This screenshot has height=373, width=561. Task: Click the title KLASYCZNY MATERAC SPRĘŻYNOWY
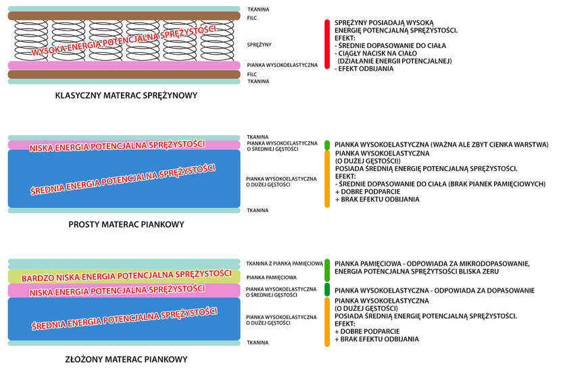(x=126, y=95)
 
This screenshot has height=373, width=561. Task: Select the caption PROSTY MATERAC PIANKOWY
(x=126, y=224)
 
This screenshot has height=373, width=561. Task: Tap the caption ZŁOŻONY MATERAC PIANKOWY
(x=126, y=359)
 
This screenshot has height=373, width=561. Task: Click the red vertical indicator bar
(x=327, y=45)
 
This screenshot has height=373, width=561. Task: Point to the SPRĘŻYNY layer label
(x=259, y=45)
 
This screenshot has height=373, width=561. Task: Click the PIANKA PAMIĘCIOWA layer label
(x=271, y=277)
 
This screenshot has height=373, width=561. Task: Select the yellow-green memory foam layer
(x=124, y=276)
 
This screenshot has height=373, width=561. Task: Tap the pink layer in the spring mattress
(x=124, y=66)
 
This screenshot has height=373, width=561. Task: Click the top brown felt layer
(x=124, y=16)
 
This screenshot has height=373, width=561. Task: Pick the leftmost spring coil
(x=31, y=41)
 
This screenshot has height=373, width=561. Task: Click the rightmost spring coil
(x=217, y=41)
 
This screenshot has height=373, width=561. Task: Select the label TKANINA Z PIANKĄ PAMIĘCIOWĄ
(x=285, y=264)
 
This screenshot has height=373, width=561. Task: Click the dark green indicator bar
(x=327, y=290)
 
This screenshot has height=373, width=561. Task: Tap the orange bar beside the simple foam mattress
(x=327, y=179)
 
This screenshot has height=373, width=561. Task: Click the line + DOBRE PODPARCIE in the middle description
(x=368, y=192)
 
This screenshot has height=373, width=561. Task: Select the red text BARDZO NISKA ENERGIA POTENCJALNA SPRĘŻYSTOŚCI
(x=126, y=276)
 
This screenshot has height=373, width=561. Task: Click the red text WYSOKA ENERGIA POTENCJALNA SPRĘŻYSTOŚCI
(x=124, y=40)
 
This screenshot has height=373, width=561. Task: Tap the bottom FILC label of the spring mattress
(x=252, y=74)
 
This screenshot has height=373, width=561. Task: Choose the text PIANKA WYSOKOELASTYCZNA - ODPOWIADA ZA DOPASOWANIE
(x=435, y=291)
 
